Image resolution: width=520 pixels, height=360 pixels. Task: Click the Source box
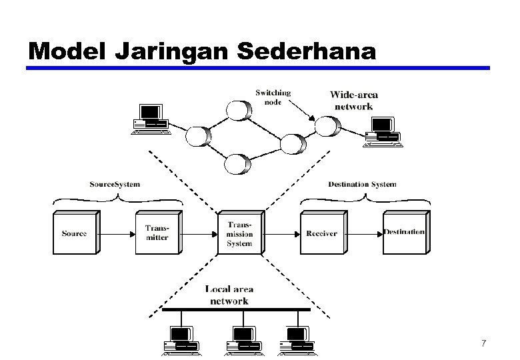coord(75,233)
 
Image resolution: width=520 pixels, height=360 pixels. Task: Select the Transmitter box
coord(157,233)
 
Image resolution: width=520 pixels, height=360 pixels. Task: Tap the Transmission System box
coord(239,233)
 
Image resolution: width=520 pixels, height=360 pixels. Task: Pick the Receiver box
coord(322,233)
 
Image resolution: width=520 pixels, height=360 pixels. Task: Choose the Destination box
coord(405,233)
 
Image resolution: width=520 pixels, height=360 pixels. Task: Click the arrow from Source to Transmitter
coord(117,233)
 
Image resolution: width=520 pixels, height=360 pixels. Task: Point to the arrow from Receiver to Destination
coord(365,233)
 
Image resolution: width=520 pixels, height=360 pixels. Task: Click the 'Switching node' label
coord(273,97)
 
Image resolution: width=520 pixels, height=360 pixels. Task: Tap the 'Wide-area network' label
coord(354,101)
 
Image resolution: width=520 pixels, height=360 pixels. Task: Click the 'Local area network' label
coord(229,295)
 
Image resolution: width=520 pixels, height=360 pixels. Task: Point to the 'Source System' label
coord(115,184)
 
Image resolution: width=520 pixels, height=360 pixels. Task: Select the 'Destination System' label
coord(362,184)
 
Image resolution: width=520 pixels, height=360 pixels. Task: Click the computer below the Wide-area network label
coord(382,131)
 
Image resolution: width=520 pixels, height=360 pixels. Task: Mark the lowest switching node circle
coord(237,163)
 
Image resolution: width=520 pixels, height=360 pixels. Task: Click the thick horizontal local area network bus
coord(237,310)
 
